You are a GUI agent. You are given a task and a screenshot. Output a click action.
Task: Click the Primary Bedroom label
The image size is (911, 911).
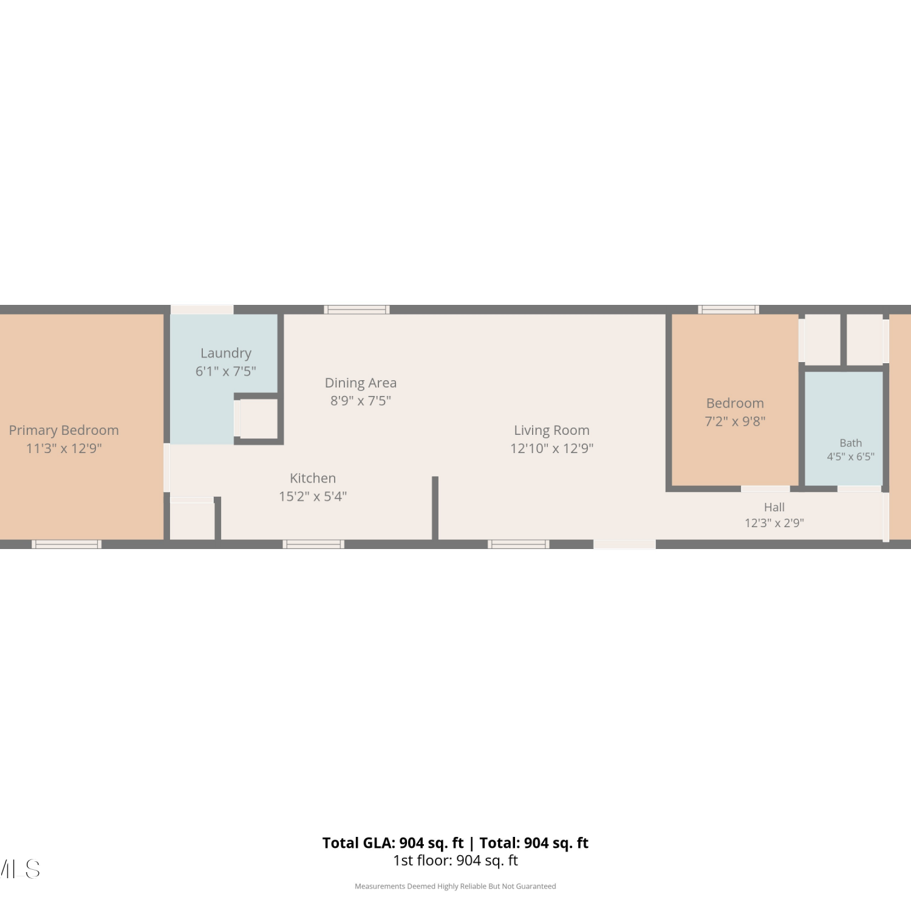[x=64, y=430]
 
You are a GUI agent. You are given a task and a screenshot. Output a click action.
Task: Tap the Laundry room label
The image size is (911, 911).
[x=226, y=353]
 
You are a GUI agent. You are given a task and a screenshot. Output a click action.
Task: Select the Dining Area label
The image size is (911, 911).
[x=361, y=383]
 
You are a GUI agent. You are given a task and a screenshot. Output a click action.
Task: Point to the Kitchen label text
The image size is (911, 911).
[x=313, y=478]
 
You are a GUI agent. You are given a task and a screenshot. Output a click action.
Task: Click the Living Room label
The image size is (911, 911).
[x=551, y=431]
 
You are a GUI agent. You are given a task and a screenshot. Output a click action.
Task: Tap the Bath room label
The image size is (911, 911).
[x=851, y=443]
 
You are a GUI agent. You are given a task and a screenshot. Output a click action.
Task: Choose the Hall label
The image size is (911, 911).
[x=774, y=507]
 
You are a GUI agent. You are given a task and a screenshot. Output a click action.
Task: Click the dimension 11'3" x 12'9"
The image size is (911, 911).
[x=64, y=448]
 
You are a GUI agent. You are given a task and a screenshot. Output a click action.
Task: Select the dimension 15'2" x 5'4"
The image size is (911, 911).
[x=313, y=496]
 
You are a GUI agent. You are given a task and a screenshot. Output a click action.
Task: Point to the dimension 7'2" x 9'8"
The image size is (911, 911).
[x=735, y=421]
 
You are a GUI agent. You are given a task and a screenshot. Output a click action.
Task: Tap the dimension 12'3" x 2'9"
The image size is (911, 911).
[x=774, y=523]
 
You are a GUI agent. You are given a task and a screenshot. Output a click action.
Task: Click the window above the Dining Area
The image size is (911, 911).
[x=357, y=310]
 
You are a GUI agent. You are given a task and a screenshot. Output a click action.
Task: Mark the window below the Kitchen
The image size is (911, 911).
[x=313, y=544]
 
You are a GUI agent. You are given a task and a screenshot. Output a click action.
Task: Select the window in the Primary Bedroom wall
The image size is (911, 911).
[x=67, y=544]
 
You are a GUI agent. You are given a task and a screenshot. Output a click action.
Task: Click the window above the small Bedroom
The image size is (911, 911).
[x=729, y=310]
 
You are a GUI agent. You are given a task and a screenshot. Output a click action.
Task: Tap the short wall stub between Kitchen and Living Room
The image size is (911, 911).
[x=435, y=508]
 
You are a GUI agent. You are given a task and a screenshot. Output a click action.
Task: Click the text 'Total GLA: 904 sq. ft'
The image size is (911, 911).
[x=393, y=843]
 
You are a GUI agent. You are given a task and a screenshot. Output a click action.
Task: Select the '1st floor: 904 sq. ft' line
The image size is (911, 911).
[x=455, y=861]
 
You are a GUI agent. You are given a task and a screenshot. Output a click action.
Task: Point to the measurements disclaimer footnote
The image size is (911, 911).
[x=455, y=887]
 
